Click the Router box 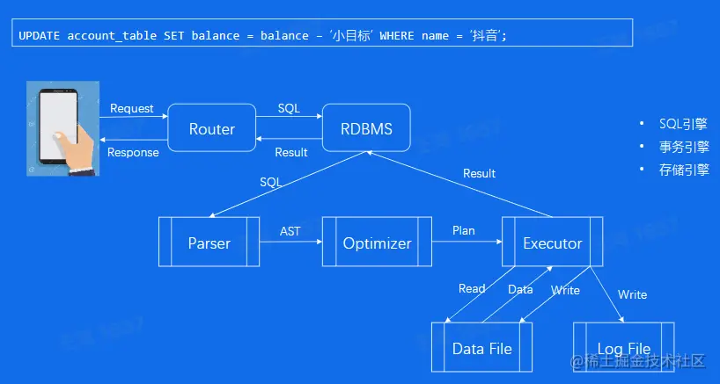coord(211,129)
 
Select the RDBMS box coord(366,129)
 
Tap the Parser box coord(209,243)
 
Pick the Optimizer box coord(377,243)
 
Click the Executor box coord(552,243)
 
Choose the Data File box coord(482,348)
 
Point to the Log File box coord(624,348)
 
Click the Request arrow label coord(132,109)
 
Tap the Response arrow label coord(133,152)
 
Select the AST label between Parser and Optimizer coord(290,231)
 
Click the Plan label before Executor coord(464,231)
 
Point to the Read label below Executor coord(472,288)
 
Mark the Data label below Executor coord(520,288)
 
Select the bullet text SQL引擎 coord(684,124)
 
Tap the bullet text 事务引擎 coord(684,147)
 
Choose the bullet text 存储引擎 coord(684,170)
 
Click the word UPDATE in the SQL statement coord(37,36)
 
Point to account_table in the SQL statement coord(114,36)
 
